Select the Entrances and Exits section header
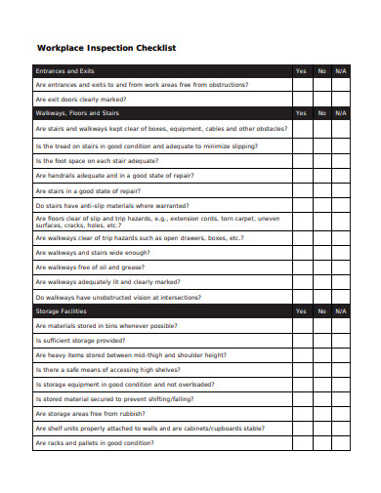pos(64,71)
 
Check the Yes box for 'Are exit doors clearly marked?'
pos(300,100)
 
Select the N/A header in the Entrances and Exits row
pos(340,71)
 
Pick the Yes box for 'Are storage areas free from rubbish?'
pos(300,414)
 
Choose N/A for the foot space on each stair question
pos(340,161)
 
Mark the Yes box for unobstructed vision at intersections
pos(300,297)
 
